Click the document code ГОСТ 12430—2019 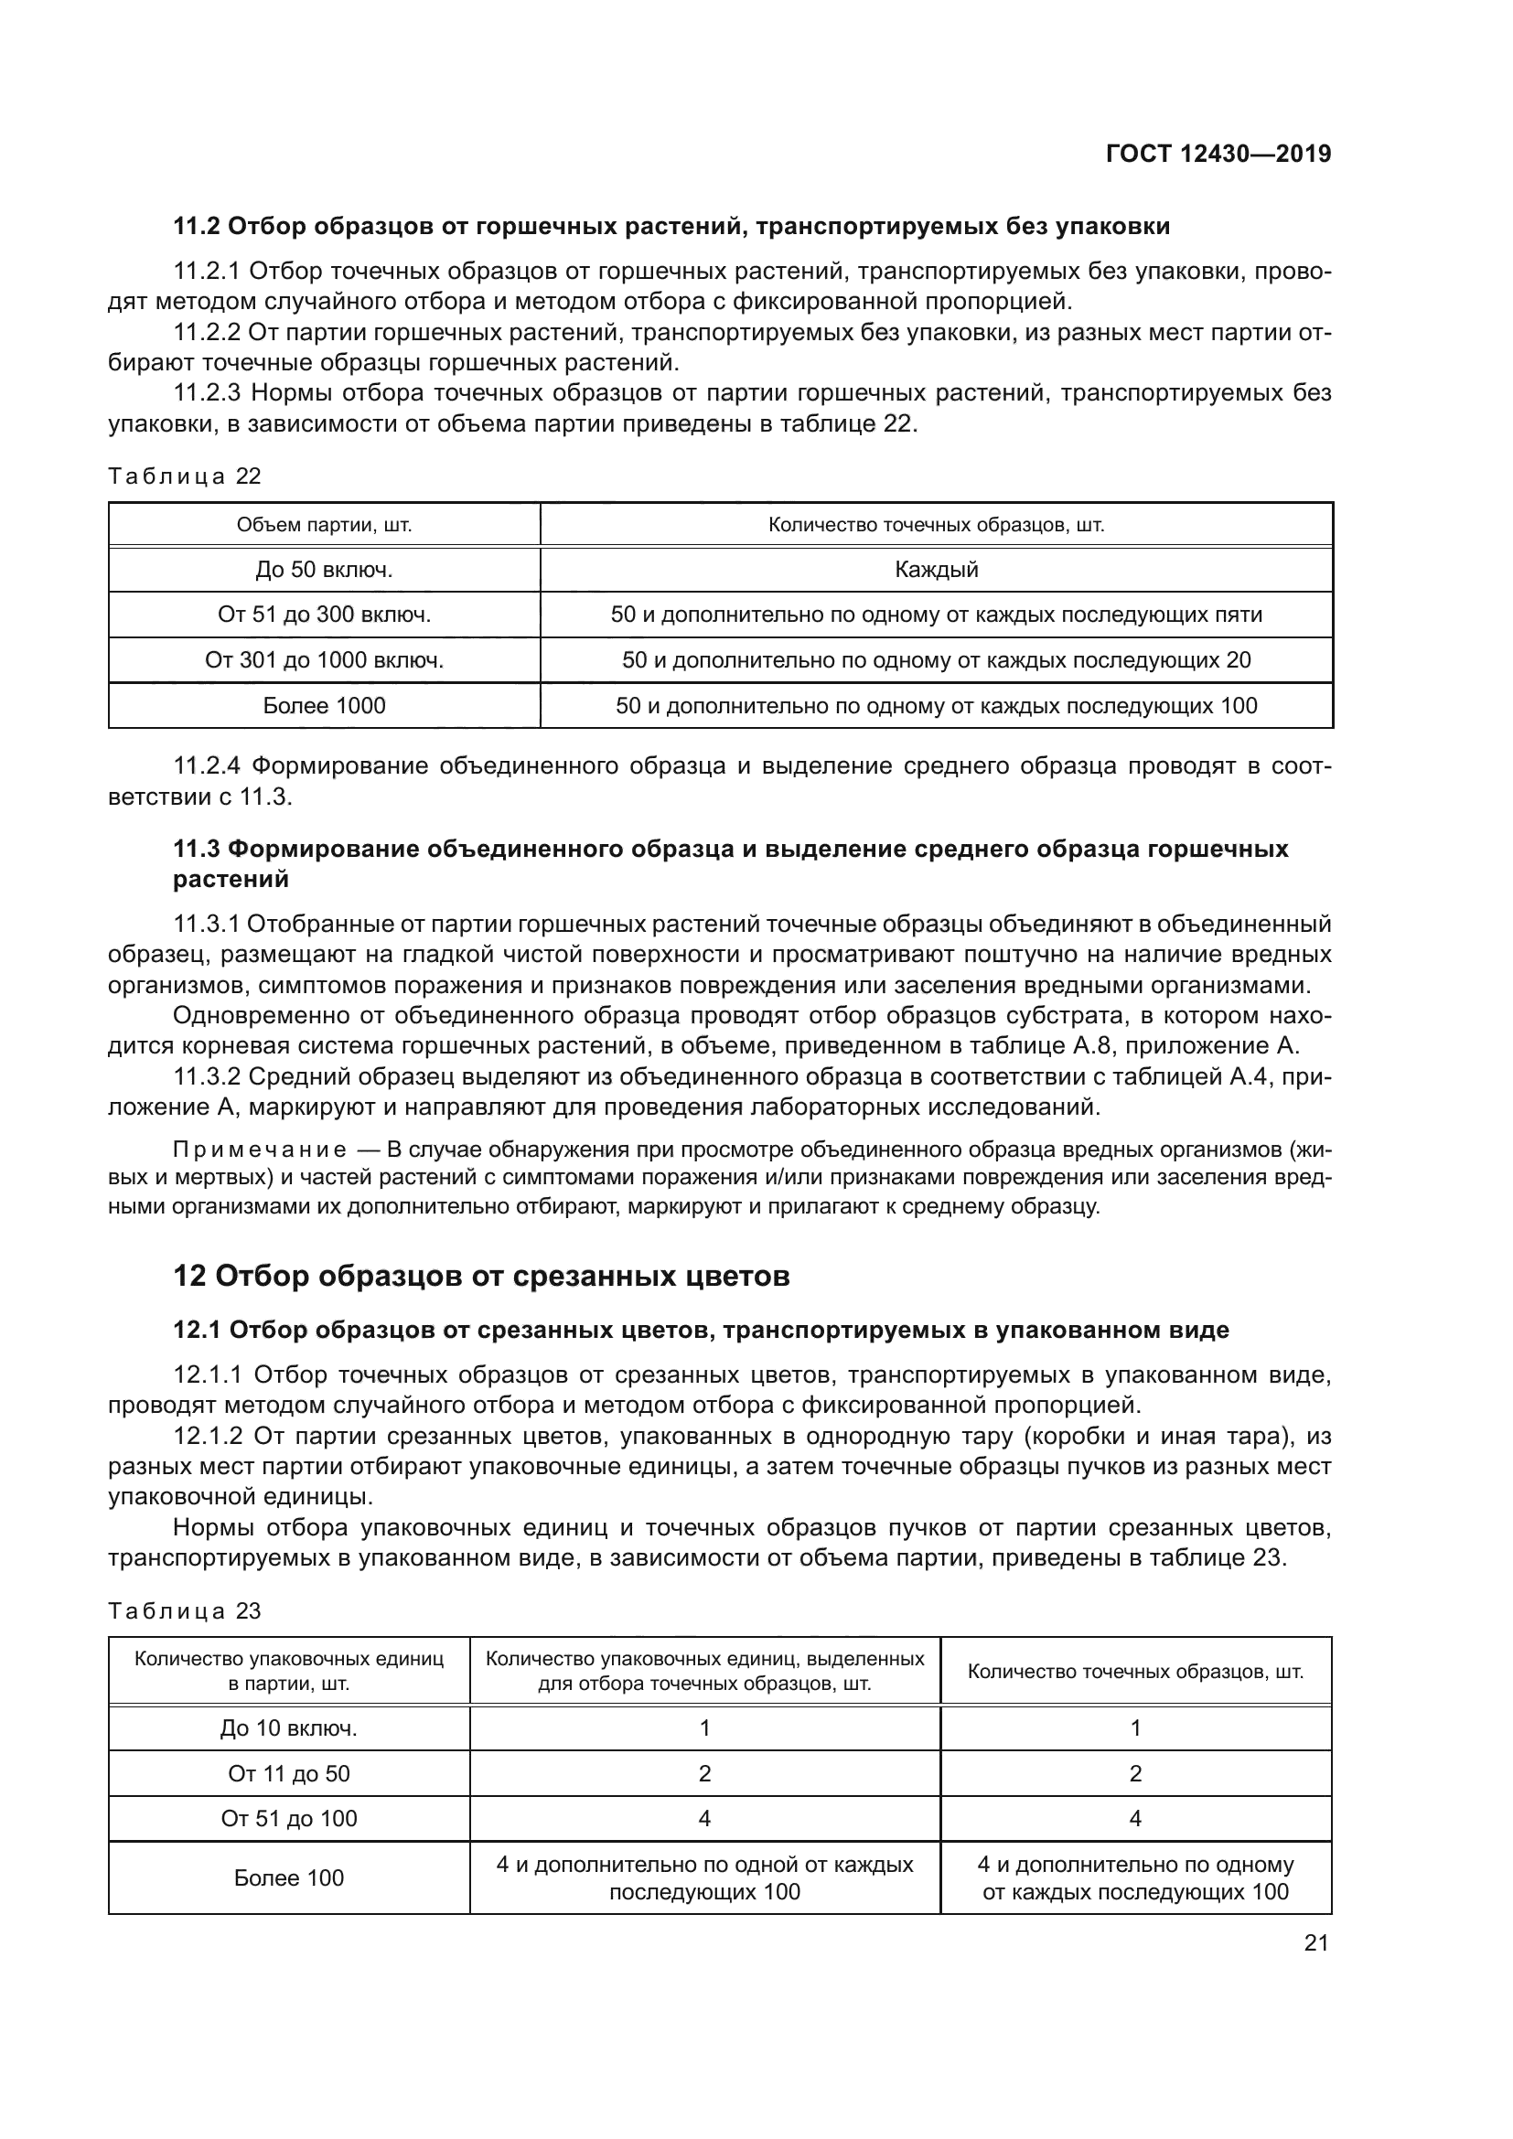1218,154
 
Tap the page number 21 1315,1942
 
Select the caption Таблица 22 185,476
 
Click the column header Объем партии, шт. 324,525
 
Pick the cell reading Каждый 937,569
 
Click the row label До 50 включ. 324,569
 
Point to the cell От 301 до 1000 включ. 324,660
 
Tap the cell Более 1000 324,705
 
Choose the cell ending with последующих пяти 937,615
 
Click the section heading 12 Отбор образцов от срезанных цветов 482,1276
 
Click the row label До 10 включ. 289,1728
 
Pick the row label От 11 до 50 289,1773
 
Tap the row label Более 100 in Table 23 289,1877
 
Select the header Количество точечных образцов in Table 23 1136,1672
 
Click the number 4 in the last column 1136,1818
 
